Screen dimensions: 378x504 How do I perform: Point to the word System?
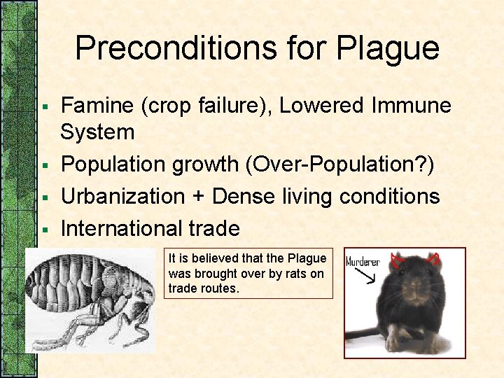coord(97,132)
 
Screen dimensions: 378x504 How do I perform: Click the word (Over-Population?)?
coord(339,164)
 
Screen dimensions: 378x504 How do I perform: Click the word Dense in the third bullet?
coord(242,197)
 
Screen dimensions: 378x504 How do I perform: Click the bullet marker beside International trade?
coord(43,230)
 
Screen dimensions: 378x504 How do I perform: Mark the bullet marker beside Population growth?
coord(43,166)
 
